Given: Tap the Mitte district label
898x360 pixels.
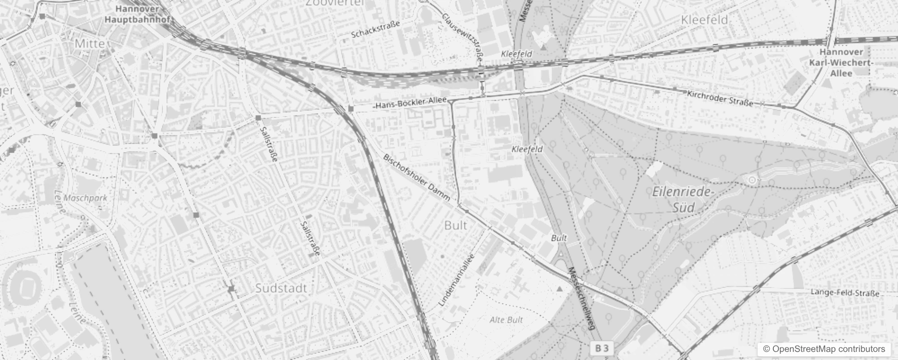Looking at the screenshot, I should pos(90,44).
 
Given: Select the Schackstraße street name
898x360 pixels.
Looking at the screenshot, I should pos(375,30).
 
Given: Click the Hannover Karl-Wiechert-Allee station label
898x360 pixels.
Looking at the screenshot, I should pos(841,63).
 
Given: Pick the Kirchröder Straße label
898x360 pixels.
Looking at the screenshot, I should pos(720,98).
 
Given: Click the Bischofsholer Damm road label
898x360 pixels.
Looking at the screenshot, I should pos(417,178).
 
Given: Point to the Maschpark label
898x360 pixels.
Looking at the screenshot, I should pos(85,198).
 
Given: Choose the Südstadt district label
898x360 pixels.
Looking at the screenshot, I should pos(281,288).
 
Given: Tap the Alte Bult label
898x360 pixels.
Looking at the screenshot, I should pos(506,320).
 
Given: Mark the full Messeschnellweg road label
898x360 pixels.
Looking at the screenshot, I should pos(582,299).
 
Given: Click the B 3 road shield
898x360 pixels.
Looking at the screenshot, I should pos(602,348).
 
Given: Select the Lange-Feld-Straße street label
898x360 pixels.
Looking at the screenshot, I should pos(845,293).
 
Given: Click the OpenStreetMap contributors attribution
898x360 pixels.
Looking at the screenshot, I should pos(823,349).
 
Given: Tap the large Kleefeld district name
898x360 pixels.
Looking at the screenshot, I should pos(704,20).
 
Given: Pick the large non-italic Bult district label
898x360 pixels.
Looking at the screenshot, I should pos(455,225).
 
